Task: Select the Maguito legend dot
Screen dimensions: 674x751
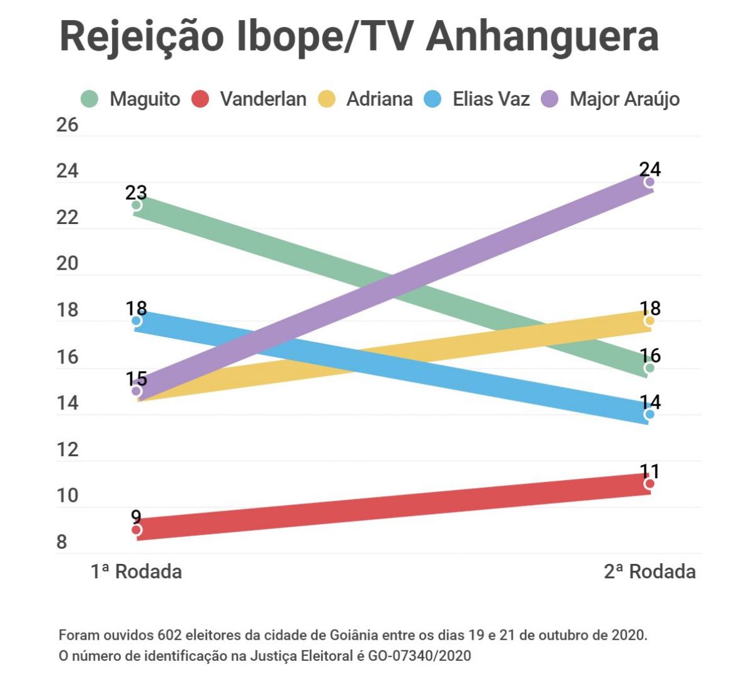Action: click(89, 99)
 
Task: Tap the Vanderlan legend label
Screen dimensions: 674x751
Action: click(263, 99)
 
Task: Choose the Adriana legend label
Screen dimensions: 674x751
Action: click(379, 99)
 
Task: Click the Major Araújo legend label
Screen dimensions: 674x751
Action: click(624, 99)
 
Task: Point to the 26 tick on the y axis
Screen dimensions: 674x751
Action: click(68, 125)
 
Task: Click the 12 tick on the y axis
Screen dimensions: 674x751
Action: click(68, 449)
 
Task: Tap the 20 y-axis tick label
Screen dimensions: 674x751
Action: click(68, 263)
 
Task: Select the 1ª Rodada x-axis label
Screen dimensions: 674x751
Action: click(136, 571)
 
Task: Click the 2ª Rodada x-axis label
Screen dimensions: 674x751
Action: click(650, 571)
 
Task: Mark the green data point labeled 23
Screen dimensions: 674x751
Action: click(136, 205)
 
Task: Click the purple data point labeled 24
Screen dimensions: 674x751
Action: click(650, 182)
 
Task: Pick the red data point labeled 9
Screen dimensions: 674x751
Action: click(136, 530)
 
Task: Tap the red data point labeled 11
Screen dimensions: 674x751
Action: click(650, 484)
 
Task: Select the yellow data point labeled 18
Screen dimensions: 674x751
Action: click(650, 321)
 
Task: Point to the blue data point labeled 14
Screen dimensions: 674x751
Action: click(650, 414)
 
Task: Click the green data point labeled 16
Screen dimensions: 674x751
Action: click(650, 368)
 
